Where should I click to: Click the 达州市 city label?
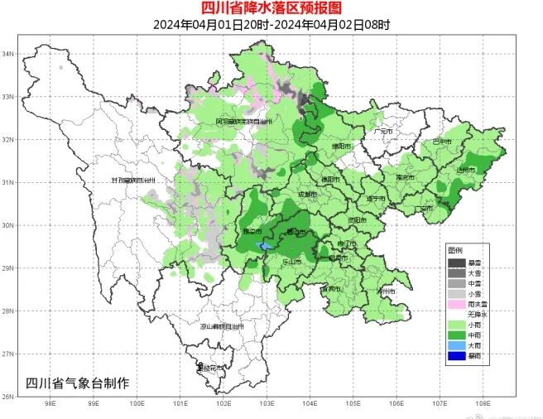click(x=466, y=169)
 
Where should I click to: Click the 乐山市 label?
click(x=291, y=261)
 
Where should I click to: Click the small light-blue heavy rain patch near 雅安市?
click(x=265, y=247)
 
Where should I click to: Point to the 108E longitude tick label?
click(x=484, y=405)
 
